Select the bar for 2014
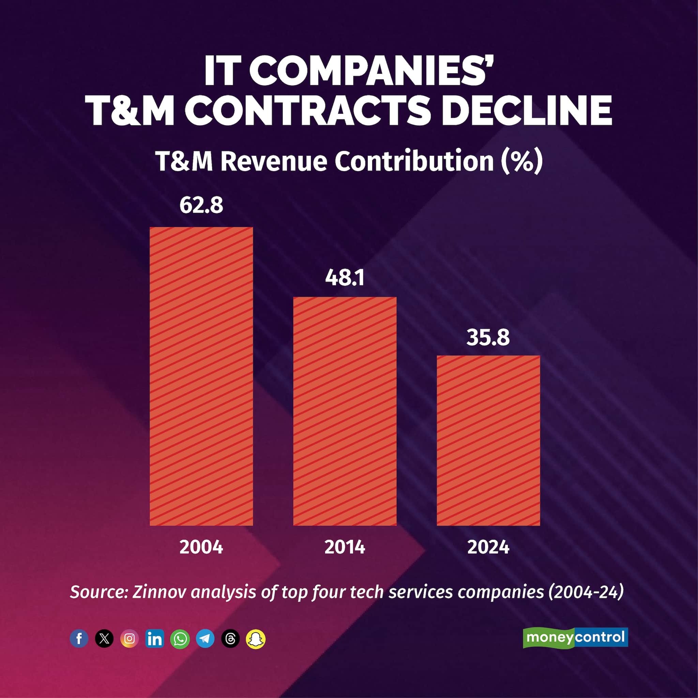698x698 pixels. click(345, 411)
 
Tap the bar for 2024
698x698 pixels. click(488, 440)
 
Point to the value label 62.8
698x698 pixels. click(201, 205)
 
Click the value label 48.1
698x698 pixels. click(345, 278)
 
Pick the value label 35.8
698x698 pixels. click(488, 337)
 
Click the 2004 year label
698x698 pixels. click(201, 547)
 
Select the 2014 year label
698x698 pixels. click(345, 547)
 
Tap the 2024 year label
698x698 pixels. click(488, 547)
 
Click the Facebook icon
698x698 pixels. click(79, 639)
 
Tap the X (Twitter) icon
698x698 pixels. click(104, 639)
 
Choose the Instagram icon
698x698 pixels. click(129, 639)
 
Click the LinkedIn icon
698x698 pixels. click(155, 639)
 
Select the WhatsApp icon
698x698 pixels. click(180, 639)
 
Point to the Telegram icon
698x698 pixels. click(205, 639)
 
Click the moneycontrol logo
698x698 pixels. click(575, 637)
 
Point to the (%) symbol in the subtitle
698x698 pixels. click(522, 162)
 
